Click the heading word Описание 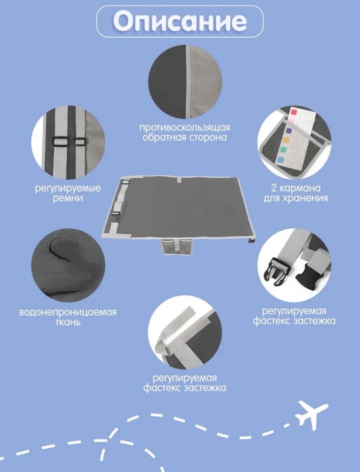pos(180,21)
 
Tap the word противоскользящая pos(184,128)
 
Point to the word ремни pos(67,199)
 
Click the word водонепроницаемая pos(67,312)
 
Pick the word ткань pos(68,322)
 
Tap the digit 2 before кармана pos(273,188)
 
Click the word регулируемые pos(68,189)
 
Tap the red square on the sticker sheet pos(294,112)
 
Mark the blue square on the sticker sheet pos(280,160)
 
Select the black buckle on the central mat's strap pos(116,214)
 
